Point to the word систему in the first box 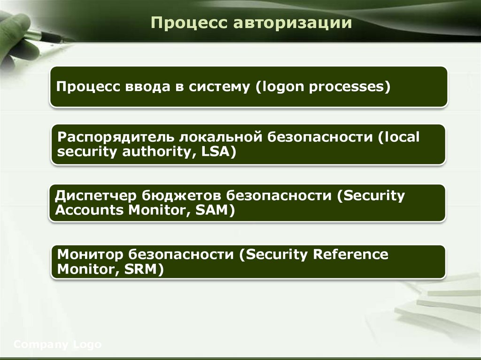click(x=220, y=87)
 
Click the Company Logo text click(x=57, y=345)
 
